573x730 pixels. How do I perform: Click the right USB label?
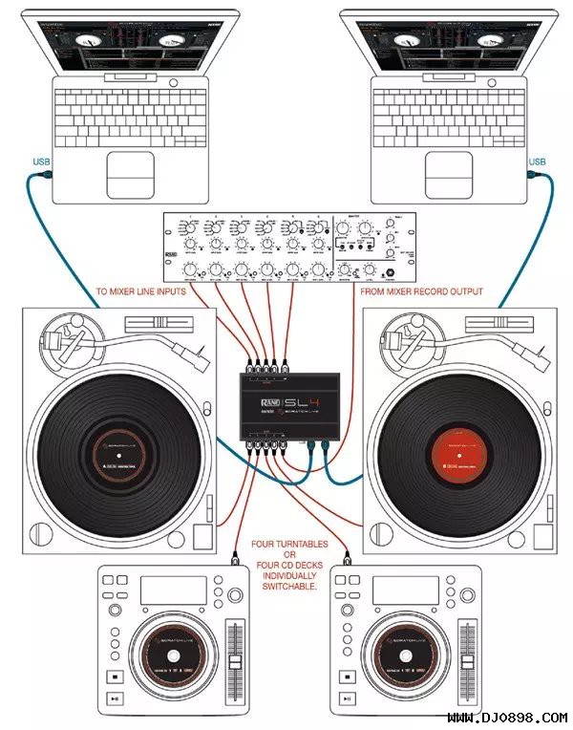tap(538, 161)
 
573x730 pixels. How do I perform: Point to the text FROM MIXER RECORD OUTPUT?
tap(421, 291)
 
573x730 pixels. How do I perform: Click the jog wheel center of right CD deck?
tap(412, 662)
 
